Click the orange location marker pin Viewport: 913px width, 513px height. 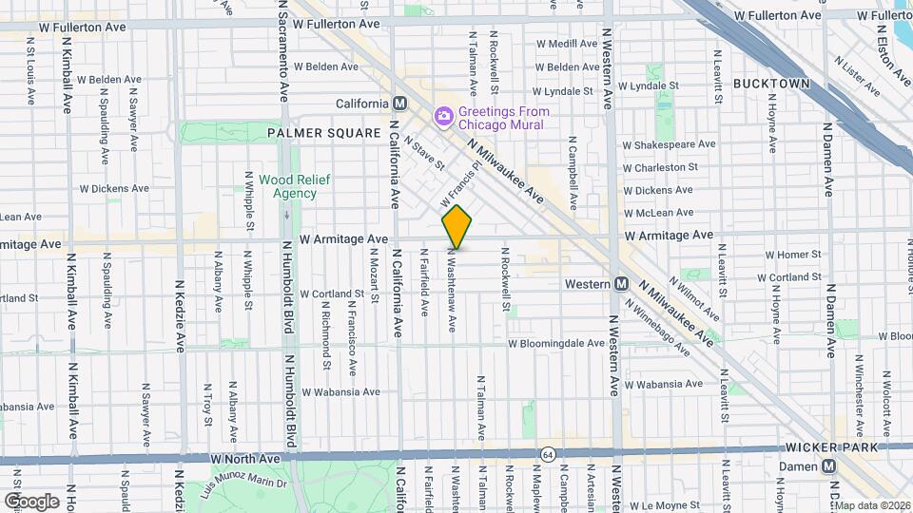point(456,226)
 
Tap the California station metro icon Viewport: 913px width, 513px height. point(400,104)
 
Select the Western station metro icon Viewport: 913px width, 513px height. point(621,283)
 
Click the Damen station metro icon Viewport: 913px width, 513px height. point(829,465)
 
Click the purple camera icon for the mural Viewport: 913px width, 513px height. point(443,117)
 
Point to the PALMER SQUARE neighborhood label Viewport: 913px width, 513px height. point(323,134)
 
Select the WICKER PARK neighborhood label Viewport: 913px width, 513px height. point(823,446)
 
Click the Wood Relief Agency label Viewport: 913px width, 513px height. point(287,186)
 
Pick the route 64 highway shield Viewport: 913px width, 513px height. point(548,455)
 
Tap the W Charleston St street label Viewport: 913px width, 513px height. point(660,167)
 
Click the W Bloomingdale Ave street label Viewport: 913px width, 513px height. point(556,344)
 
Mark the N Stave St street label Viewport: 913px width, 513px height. point(424,153)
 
